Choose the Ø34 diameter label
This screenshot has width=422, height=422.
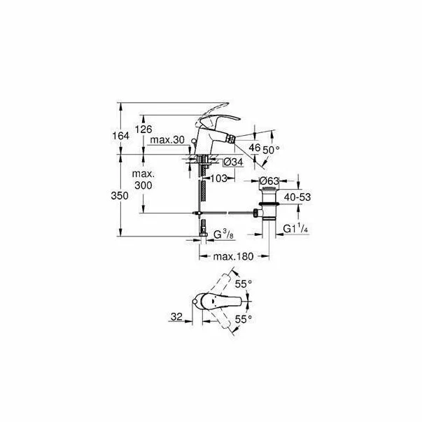tap(233, 163)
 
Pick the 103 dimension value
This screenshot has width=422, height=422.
tap(219, 178)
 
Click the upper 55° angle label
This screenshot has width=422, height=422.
tap(243, 285)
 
